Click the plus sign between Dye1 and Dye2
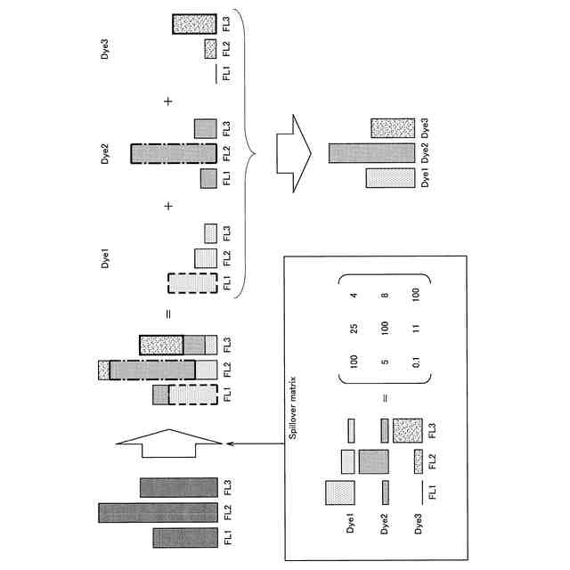click(x=167, y=208)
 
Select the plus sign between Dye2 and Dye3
click(x=167, y=102)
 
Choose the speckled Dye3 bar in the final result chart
click(x=388, y=126)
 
